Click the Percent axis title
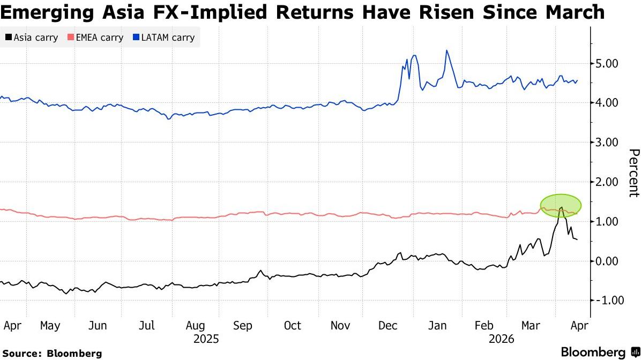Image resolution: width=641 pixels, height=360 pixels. (x=633, y=173)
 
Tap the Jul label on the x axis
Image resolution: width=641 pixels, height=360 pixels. (x=147, y=326)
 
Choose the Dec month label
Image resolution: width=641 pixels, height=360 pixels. (x=387, y=326)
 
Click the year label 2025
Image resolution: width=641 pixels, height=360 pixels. (x=206, y=339)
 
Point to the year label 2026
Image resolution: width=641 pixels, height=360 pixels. (x=501, y=339)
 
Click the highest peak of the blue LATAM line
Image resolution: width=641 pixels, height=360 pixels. (x=446, y=50)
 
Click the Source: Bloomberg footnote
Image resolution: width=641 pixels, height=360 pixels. (x=52, y=354)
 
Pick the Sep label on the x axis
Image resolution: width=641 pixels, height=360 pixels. (x=243, y=326)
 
